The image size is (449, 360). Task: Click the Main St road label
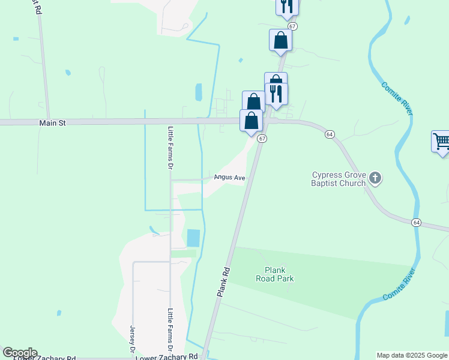(x=52, y=122)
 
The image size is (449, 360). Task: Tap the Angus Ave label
(x=231, y=178)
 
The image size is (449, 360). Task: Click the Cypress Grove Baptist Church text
(x=339, y=179)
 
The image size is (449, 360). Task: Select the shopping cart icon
(x=441, y=142)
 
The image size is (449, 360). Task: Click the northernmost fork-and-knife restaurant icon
(x=287, y=5)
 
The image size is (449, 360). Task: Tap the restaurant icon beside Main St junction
(x=276, y=93)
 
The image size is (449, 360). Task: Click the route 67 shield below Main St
(x=262, y=139)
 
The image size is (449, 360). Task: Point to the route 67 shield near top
(x=292, y=26)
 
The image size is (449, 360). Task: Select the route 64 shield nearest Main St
(x=330, y=134)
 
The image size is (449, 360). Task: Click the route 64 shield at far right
(x=416, y=223)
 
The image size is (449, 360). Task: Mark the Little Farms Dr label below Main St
(x=170, y=151)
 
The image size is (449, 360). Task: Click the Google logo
(x=20, y=353)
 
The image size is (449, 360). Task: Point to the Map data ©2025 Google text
(x=412, y=355)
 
